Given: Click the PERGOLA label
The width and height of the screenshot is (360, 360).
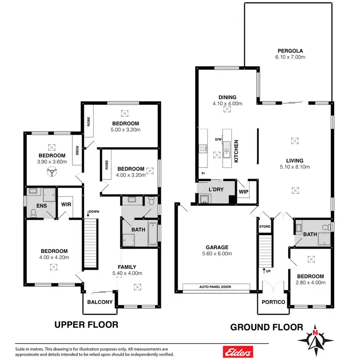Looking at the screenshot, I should click(x=290, y=50).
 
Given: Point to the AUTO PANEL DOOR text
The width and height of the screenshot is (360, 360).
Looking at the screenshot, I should click(x=216, y=288).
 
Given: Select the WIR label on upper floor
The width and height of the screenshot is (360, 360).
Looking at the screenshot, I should click(x=66, y=205).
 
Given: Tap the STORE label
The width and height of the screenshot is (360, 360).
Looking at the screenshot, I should click(x=264, y=227).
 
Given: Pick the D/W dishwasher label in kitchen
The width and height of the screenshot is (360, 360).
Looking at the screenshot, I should click(x=218, y=139).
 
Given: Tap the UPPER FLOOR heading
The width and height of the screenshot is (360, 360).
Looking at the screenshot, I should click(x=87, y=324).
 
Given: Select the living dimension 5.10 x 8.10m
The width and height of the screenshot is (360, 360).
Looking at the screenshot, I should click(x=295, y=168).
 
